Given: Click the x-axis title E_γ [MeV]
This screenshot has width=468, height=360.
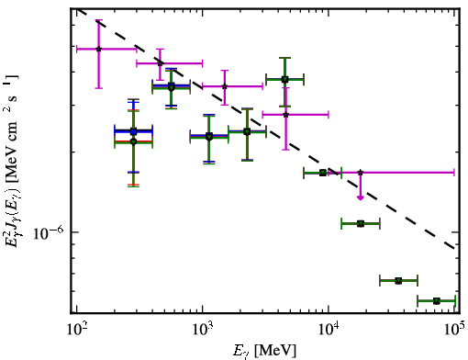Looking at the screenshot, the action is click(264, 351).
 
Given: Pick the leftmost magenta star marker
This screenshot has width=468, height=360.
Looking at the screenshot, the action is click(99, 49).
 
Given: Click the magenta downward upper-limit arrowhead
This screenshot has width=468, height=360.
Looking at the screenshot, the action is click(361, 197).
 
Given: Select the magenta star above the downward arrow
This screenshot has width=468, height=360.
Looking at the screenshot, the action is click(361, 173).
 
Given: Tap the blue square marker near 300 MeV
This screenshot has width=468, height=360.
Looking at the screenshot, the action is click(133, 131).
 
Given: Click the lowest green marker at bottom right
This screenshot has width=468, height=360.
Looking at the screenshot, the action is click(437, 301).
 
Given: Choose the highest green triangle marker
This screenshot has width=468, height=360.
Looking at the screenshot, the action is click(284, 80).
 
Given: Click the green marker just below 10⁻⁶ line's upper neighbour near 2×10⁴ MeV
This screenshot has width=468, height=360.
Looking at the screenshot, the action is click(361, 224).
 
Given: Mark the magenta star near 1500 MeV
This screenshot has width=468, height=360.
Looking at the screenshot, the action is click(225, 86).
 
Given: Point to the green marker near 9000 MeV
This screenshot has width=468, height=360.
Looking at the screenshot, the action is click(323, 173).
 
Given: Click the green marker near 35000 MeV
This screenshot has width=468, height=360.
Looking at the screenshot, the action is click(398, 280).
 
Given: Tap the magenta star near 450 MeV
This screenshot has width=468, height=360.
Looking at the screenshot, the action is click(160, 63).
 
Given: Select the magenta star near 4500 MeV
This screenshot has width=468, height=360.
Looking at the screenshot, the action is click(285, 115).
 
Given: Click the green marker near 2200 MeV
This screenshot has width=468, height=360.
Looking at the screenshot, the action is click(247, 132).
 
